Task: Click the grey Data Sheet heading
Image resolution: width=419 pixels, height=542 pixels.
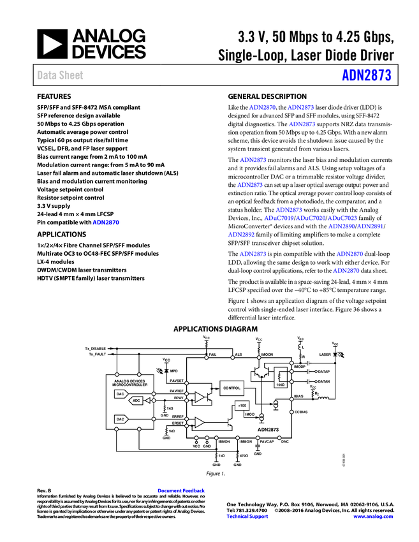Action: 61,75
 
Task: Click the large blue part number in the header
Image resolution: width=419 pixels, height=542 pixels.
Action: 366,75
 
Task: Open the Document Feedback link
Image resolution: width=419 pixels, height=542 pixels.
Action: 182,491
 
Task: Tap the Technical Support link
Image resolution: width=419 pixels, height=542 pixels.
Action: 247,516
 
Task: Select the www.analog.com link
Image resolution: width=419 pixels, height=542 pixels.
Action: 373,516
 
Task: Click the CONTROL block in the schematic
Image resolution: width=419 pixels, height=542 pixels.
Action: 232,387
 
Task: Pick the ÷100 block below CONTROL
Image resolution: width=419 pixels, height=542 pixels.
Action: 242,405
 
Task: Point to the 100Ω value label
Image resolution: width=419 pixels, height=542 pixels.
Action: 280,385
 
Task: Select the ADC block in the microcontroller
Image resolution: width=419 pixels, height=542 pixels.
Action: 136,400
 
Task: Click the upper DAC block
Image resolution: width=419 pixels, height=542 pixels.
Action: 121,393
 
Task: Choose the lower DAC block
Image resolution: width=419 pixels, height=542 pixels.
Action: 121,419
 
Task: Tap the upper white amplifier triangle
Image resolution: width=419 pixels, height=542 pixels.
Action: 199,397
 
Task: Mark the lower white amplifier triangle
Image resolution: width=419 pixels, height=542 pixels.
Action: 199,422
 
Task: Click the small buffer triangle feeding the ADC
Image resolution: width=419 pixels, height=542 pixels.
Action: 147,400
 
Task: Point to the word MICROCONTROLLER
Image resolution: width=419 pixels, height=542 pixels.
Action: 129,385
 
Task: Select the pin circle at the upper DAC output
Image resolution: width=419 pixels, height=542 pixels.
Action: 154,393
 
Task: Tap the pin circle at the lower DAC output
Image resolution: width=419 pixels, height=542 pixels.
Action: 154,419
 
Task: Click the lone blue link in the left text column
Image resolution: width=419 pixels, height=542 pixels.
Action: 106,223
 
